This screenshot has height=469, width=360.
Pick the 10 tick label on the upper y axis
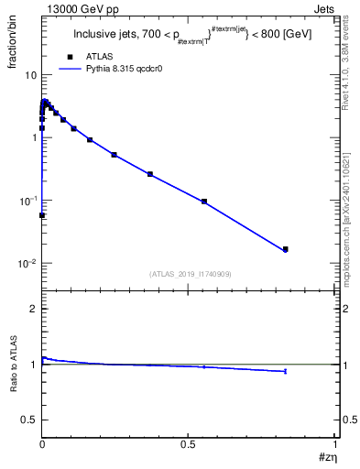point(31,74)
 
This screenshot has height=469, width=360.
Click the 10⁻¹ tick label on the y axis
point(28,201)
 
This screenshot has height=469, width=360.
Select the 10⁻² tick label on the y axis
point(28,264)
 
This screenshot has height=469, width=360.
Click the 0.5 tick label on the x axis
point(190,444)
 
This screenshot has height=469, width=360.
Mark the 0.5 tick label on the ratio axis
point(29,420)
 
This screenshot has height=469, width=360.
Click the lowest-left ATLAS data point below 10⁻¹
point(43,215)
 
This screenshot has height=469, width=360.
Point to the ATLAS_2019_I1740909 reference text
point(190,274)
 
